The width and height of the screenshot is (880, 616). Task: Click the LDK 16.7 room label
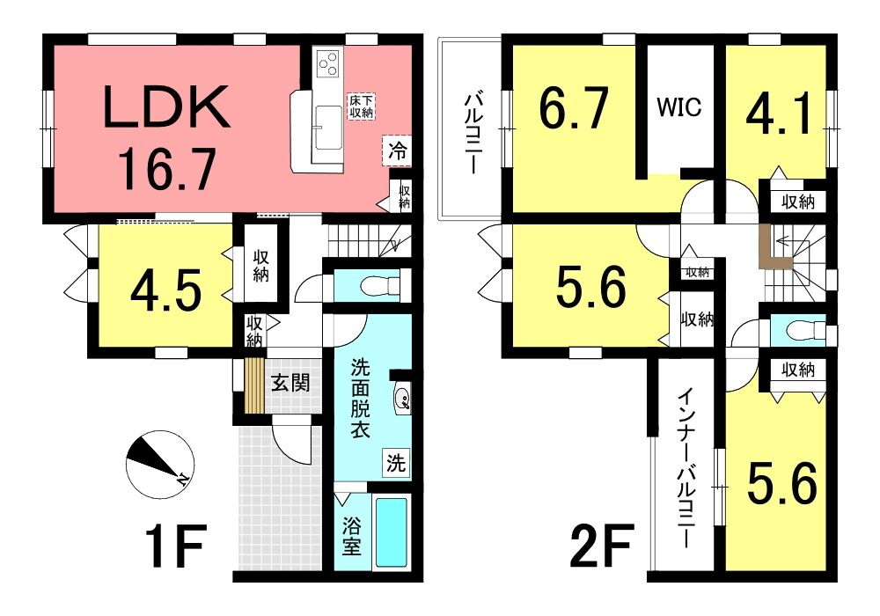(x=167, y=137)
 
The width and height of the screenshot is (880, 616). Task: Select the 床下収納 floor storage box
(x=362, y=106)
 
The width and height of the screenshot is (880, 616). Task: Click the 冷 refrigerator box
(x=398, y=150)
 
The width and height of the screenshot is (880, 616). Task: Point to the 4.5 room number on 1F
(x=165, y=292)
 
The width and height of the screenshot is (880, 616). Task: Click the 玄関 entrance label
(x=290, y=384)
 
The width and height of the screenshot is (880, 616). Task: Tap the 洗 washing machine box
(x=396, y=463)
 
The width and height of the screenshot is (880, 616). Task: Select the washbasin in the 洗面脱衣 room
(x=402, y=399)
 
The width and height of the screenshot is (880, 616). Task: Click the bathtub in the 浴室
(x=391, y=532)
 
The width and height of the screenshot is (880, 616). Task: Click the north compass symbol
(x=160, y=465)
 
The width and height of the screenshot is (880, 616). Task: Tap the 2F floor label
(x=603, y=545)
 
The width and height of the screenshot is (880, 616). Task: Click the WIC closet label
(x=679, y=106)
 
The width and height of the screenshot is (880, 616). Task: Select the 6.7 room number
(x=574, y=108)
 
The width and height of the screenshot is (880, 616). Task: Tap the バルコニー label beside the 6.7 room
(x=471, y=132)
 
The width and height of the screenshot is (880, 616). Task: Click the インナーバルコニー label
(x=686, y=469)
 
